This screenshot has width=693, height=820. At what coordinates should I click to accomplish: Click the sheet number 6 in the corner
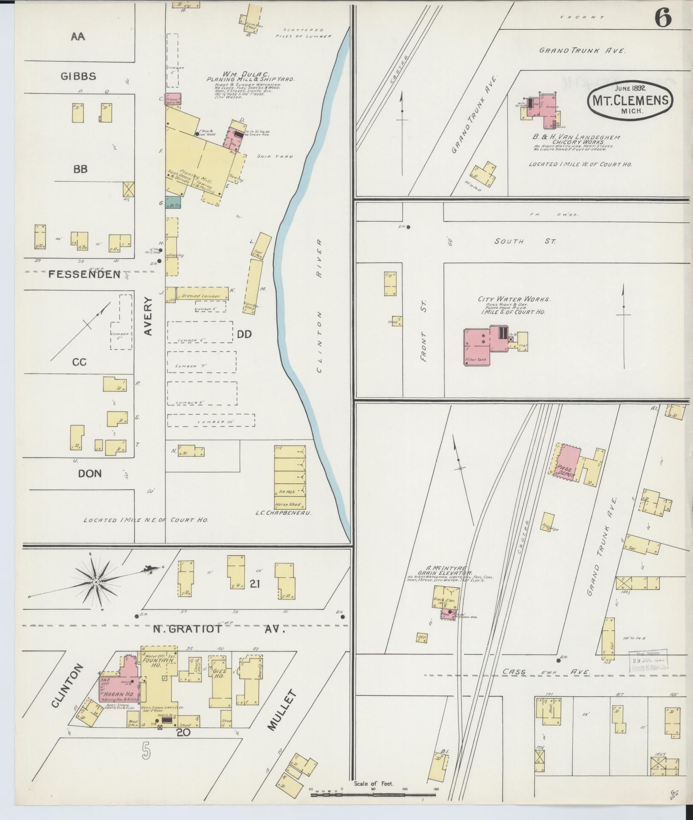(662, 18)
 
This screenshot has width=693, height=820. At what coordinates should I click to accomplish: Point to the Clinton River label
(319, 306)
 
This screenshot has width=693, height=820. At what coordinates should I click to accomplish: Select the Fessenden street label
(84, 274)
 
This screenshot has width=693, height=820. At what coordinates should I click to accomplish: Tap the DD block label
(244, 334)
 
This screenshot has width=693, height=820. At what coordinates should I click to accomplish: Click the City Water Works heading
(514, 299)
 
